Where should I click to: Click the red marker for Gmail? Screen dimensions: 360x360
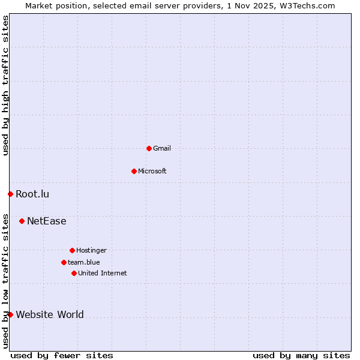[x=149, y=148]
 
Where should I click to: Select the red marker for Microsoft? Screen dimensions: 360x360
[x=134, y=171]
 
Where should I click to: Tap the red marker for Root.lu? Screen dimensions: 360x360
[x=10, y=194]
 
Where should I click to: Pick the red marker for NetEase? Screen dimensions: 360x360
[x=22, y=221]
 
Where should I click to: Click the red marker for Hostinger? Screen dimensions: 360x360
[x=72, y=250]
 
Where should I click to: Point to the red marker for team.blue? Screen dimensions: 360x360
[x=64, y=262]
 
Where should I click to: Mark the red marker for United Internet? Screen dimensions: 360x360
[x=74, y=273]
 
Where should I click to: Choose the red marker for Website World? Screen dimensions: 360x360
[x=10, y=314]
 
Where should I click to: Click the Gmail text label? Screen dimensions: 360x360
[x=162, y=148]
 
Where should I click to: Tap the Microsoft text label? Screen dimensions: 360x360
[x=152, y=171]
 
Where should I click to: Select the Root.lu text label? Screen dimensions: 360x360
[x=32, y=194]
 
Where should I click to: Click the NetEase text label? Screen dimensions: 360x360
[x=47, y=221]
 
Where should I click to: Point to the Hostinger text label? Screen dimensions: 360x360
[x=91, y=250]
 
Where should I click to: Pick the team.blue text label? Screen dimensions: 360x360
[x=84, y=262]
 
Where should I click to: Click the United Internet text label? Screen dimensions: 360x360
[x=103, y=273]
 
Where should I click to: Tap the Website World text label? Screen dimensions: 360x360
[x=50, y=314]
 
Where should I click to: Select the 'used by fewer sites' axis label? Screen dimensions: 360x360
[x=62, y=355]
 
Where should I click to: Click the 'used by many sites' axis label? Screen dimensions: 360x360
[x=301, y=355]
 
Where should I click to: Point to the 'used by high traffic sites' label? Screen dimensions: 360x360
[x=5, y=85]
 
